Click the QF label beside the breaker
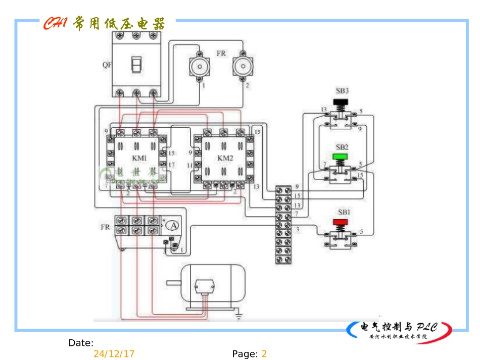[x=107, y=65]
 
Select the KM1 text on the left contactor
[x=139, y=159]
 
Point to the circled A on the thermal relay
[x=173, y=225]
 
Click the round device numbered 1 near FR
[x=199, y=67]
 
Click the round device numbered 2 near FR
[x=243, y=67]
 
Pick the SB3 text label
[x=342, y=91]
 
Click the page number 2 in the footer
[x=264, y=354]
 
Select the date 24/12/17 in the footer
[x=114, y=354]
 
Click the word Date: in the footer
[x=81, y=343]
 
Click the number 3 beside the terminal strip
[x=298, y=229]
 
